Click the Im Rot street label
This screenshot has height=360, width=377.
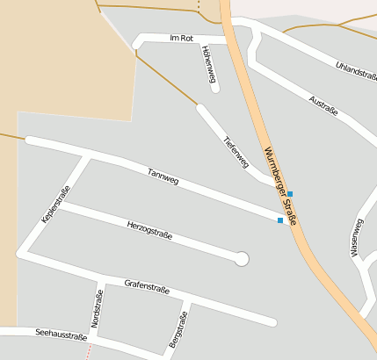(x=181, y=39)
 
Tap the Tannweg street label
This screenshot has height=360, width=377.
(x=163, y=176)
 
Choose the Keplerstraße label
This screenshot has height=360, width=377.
(x=55, y=204)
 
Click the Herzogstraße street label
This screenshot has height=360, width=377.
(x=149, y=231)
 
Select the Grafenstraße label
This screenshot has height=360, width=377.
(x=147, y=286)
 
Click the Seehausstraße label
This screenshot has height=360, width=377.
(x=62, y=335)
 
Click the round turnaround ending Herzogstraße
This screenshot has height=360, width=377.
(x=242, y=258)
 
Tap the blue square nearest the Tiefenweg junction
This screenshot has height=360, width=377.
(x=290, y=193)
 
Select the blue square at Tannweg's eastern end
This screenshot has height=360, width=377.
(x=280, y=220)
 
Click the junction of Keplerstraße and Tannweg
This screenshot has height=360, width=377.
(x=87, y=155)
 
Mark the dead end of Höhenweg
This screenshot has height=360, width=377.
(x=214, y=88)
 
